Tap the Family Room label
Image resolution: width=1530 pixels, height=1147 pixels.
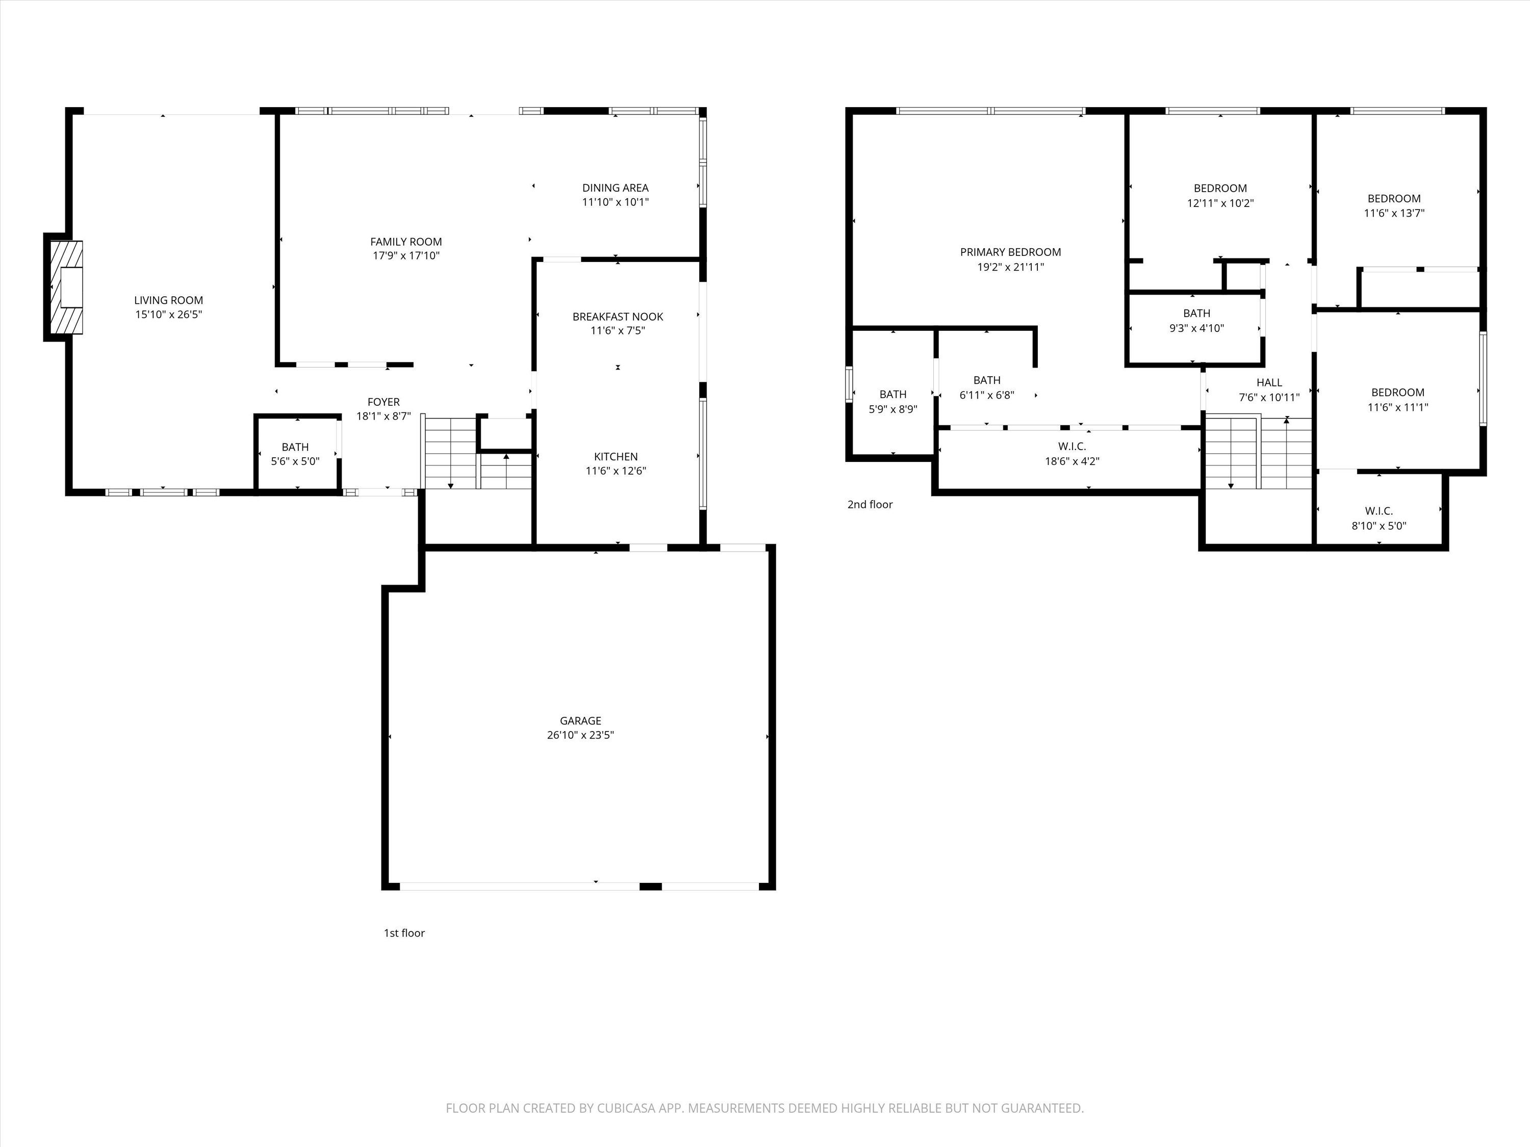(x=406, y=241)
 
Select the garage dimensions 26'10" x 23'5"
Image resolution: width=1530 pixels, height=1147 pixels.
(x=580, y=735)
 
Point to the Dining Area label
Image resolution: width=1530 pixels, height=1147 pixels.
(x=616, y=188)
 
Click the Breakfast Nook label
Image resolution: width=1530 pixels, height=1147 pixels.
(x=618, y=317)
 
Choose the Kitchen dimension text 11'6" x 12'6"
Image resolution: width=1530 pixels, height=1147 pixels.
(x=616, y=471)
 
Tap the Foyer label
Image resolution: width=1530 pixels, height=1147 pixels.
(x=383, y=402)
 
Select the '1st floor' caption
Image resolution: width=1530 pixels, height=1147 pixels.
(x=404, y=933)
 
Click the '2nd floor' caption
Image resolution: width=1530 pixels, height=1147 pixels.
(x=870, y=505)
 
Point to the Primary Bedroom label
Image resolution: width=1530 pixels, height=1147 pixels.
(x=1010, y=252)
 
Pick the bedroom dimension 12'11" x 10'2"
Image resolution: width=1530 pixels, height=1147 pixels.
(x=1220, y=203)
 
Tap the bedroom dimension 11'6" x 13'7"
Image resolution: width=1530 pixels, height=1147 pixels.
(x=1394, y=213)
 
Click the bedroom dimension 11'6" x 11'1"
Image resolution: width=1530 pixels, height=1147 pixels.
(x=1398, y=407)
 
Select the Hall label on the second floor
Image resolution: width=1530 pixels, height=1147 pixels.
(x=1269, y=382)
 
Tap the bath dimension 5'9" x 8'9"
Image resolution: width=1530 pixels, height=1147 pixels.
(x=893, y=409)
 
